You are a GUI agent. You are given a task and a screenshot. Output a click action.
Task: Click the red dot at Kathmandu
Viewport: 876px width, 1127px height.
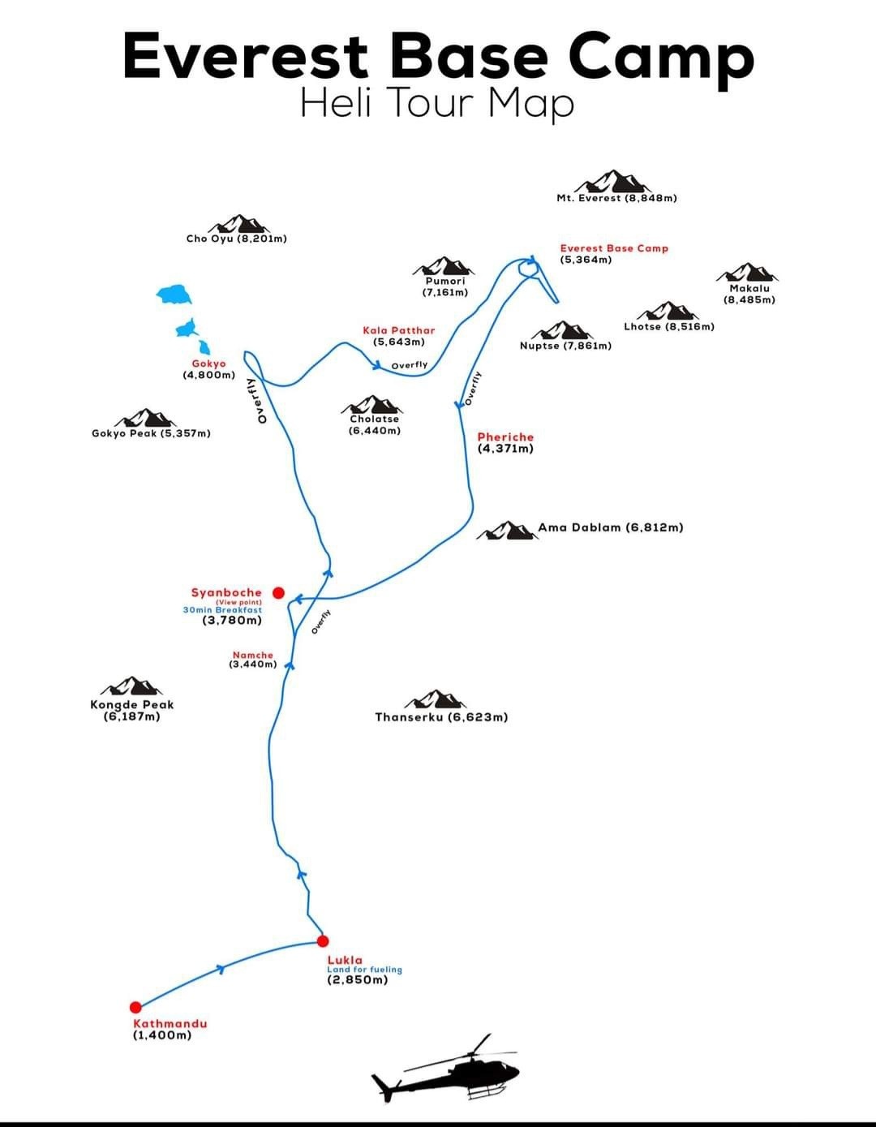pos(135,1007)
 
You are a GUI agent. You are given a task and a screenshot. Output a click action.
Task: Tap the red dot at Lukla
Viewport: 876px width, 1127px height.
pos(322,941)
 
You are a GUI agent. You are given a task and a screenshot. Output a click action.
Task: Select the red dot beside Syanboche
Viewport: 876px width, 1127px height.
pos(278,593)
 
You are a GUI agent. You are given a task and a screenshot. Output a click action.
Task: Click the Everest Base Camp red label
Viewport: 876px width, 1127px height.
pos(614,248)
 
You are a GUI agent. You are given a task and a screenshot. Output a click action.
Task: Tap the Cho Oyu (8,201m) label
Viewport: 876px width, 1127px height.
pos(236,239)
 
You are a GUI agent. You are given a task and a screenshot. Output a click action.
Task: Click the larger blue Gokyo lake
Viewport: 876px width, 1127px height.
pos(174,294)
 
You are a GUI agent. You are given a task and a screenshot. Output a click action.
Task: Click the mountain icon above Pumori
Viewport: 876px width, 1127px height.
pos(444,266)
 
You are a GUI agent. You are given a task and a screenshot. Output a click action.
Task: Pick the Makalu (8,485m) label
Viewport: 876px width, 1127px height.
pos(749,294)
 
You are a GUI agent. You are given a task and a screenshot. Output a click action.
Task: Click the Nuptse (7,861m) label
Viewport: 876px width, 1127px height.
pos(565,346)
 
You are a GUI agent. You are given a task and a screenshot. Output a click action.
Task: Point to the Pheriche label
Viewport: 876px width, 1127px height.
pos(505,442)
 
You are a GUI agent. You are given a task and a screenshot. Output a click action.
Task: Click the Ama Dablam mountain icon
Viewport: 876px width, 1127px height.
pos(505,531)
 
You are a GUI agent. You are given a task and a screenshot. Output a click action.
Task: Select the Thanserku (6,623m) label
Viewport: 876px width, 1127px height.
pos(441,717)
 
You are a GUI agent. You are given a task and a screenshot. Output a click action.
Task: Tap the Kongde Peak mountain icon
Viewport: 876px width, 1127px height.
pos(131,686)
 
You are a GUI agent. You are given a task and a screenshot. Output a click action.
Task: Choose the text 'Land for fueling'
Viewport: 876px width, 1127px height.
pos(364,970)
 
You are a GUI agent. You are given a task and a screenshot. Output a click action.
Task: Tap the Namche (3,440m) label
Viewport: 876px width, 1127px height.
pos(253,659)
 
